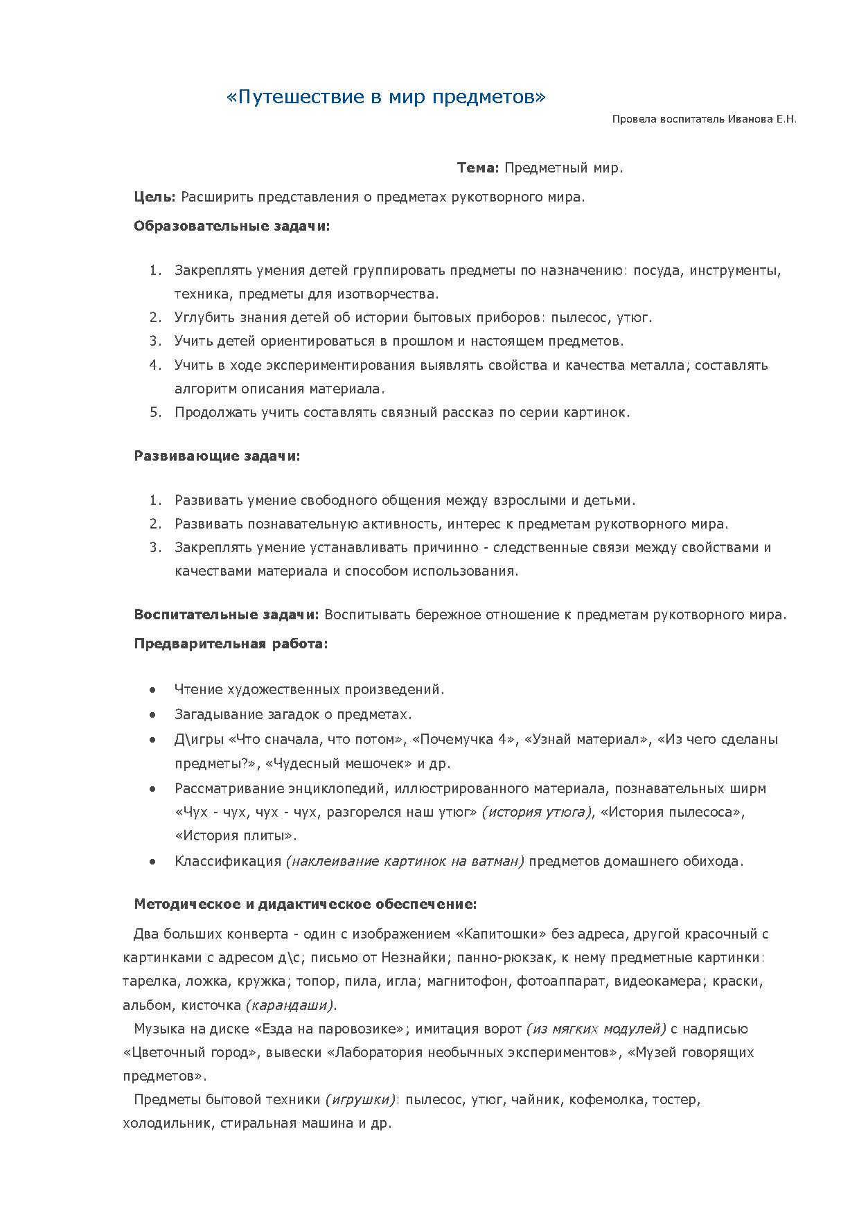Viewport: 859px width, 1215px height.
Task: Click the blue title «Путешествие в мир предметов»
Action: pyautogui.click(x=386, y=97)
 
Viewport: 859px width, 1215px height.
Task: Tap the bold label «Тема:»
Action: pyautogui.click(x=477, y=168)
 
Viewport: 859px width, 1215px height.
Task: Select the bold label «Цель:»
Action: pyautogui.click(x=154, y=197)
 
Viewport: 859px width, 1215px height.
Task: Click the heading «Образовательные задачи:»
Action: pyautogui.click(x=231, y=227)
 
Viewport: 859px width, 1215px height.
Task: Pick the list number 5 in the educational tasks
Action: pyautogui.click(x=155, y=413)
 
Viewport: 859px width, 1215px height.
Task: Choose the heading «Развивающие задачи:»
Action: pyautogui.click(x=217, y=456)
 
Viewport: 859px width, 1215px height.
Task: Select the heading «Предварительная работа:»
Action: pyautogui.click(x=231, y=644)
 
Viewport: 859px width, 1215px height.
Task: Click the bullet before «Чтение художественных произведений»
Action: pyautogui.click(x=152, y=690)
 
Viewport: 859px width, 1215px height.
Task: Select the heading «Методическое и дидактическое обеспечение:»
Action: pyautogui.click(x=305, y=905)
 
